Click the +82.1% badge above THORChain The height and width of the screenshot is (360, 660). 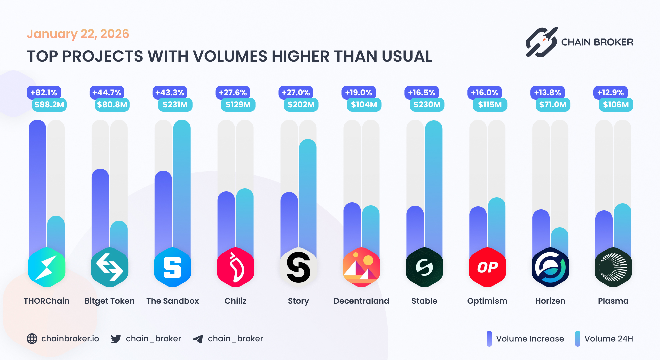[x=44, y=92]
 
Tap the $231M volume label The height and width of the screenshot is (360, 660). [x=175, y=105]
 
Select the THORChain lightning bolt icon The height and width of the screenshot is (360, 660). [x=47, y=267]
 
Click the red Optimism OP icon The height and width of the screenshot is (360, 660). [x=487, y=267]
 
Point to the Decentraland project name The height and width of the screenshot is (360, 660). [x=361, y=301]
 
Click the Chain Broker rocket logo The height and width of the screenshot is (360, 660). [x=541, y=42]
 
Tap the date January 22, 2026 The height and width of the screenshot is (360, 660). [x=78, y=34]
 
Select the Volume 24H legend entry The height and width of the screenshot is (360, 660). [x=604, y=339]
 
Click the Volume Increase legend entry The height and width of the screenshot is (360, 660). [x=525, y=339]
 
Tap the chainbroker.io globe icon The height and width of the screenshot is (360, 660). [x=32, y=339]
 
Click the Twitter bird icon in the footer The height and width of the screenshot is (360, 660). [x=116, y=339]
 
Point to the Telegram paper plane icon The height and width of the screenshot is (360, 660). [x=198, y=339]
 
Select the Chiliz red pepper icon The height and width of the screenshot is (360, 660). [x=236, y=267]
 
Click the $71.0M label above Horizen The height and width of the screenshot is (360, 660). [x=553, y=105]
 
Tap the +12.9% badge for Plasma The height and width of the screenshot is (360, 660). [x=610, y=92]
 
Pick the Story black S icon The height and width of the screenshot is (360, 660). [x=298, y=267]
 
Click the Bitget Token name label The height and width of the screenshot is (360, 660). [x=109, y=301]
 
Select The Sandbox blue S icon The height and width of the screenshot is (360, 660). [x=173, y=267]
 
